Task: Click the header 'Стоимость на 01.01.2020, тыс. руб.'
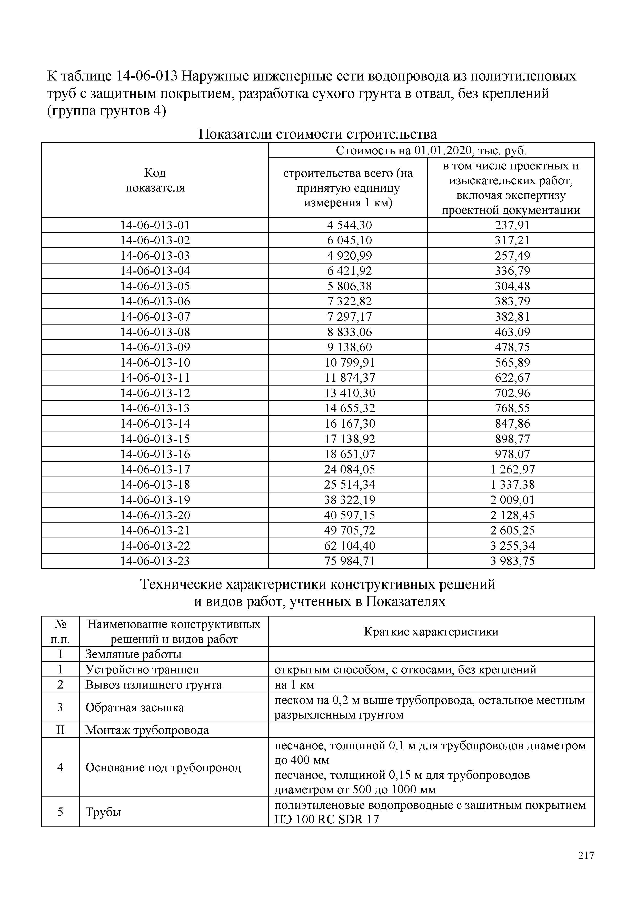431,151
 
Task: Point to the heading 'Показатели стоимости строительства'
317,134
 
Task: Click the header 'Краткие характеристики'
431,632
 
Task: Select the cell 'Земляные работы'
133,654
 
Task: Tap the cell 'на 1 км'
294,685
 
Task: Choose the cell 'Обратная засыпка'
134,708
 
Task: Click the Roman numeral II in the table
60,730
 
